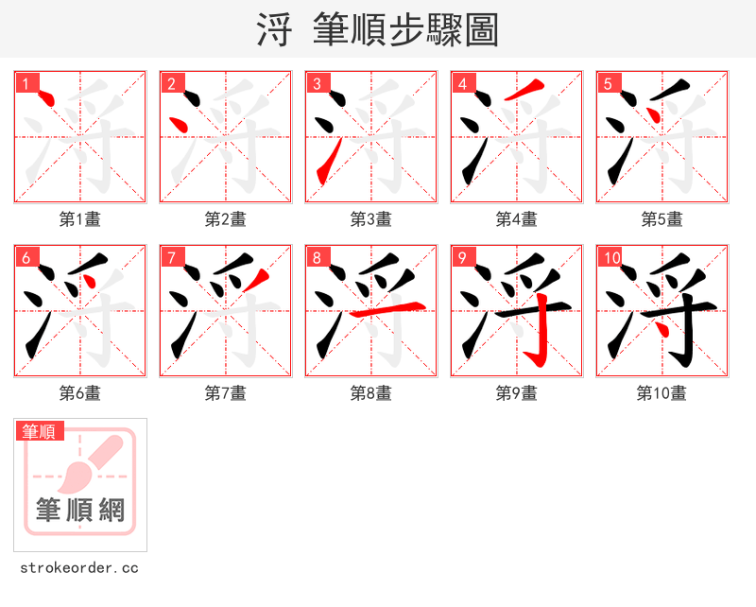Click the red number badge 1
26,83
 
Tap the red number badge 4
463,83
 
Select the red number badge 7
172,257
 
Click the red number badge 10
611,257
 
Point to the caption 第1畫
80,219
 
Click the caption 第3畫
371,219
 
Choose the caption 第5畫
662,219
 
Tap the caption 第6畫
80,393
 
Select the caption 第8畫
371,393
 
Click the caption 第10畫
662,393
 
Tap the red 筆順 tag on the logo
40,431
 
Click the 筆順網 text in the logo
80,511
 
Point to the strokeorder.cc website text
79,568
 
